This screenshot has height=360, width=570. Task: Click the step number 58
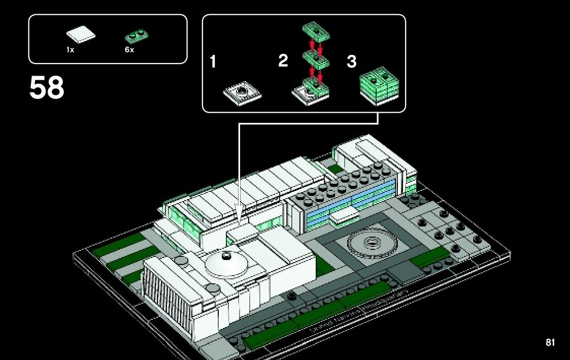[x=47, y=88]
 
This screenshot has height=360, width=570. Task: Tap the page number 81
[x=550, y=343]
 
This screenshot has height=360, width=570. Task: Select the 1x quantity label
[x=70, y=50]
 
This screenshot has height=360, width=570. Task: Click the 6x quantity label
[x=129, y=50]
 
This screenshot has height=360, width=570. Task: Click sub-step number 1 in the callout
[x=213, y=62]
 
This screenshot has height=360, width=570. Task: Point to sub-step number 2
[x=283, y=61]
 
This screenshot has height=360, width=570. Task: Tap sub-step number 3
[x=351, y=62]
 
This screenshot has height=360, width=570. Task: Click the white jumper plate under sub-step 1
[x=243, y=93]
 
